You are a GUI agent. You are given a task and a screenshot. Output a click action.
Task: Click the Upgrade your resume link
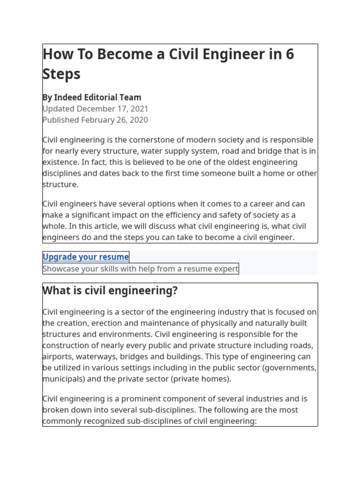coord(86,257)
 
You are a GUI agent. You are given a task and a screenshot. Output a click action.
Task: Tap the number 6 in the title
coord(289,54)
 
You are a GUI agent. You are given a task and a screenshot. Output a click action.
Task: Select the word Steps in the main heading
coord(61,74)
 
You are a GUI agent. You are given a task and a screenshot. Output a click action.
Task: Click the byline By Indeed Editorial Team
coord(92,97)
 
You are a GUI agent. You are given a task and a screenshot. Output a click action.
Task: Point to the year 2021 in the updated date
coord(138,109)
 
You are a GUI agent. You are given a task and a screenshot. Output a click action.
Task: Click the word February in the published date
coord(99,120)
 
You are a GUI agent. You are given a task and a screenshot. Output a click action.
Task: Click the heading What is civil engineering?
coord(110,291)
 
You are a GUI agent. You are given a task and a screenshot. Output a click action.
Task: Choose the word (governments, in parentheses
coord(291,368)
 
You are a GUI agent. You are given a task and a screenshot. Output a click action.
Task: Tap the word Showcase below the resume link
coord(60,269)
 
